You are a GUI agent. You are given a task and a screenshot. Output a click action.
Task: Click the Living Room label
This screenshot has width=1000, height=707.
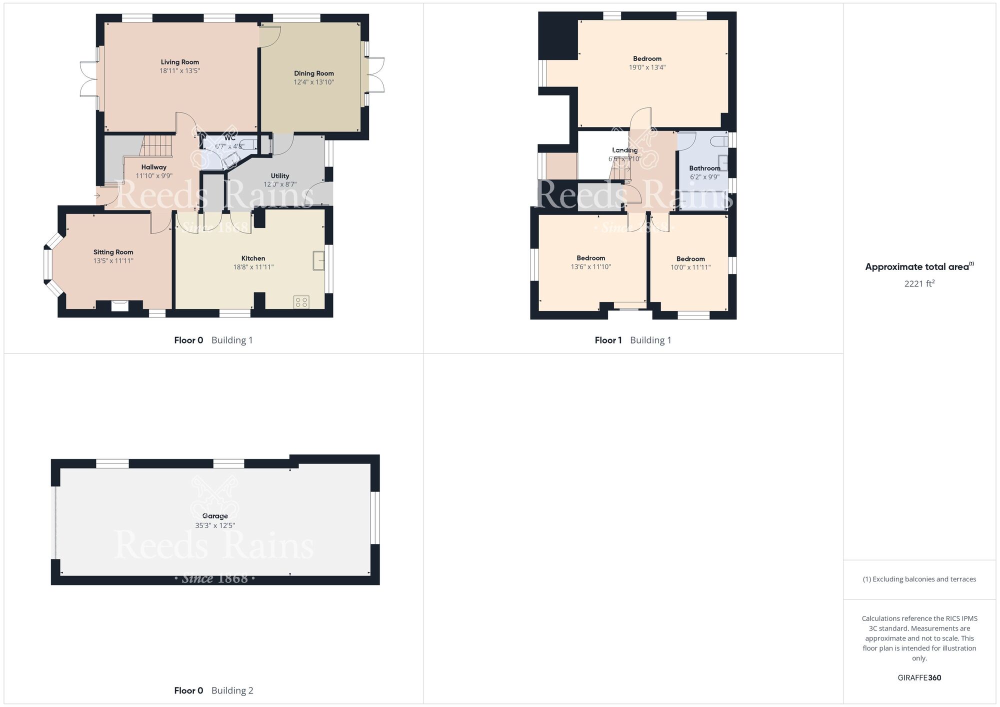179,62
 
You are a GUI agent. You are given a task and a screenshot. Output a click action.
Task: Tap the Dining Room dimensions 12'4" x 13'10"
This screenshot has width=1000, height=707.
313,82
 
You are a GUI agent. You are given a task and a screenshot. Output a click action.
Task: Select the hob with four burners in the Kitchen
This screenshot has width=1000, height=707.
301,302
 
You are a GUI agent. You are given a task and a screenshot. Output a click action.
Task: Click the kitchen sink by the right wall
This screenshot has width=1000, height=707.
318,260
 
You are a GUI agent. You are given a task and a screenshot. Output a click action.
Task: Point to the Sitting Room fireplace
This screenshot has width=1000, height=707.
119,305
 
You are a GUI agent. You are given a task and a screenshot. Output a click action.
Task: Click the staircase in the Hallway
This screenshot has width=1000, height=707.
157,146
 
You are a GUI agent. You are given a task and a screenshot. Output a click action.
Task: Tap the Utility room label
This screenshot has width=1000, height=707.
280,176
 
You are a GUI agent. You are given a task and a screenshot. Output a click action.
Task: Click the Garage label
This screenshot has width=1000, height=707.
215,516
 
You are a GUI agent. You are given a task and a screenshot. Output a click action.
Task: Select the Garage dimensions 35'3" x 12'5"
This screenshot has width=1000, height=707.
215,525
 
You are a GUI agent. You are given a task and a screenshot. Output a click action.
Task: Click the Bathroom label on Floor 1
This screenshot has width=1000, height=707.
704,168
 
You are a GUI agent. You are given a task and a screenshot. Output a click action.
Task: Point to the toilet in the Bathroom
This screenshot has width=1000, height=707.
720,140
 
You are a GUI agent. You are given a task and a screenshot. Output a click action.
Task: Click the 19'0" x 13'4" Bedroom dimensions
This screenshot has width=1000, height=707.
647,67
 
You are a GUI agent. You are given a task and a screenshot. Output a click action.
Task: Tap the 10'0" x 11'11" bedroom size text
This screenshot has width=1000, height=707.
690,267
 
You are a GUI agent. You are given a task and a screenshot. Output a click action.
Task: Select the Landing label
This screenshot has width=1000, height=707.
624,150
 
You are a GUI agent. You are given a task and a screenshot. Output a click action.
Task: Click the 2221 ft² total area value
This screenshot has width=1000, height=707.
919,283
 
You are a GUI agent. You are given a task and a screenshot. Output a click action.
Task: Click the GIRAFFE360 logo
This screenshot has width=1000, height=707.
919,678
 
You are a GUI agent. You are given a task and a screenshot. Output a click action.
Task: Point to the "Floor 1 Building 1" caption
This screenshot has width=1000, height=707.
632,340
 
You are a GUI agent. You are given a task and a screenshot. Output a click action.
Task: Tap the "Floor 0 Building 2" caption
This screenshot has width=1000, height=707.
213,691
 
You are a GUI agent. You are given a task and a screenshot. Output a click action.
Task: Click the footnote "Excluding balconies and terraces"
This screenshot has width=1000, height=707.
919,579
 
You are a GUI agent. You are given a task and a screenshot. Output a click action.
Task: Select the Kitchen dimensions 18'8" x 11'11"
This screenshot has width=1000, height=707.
253,267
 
